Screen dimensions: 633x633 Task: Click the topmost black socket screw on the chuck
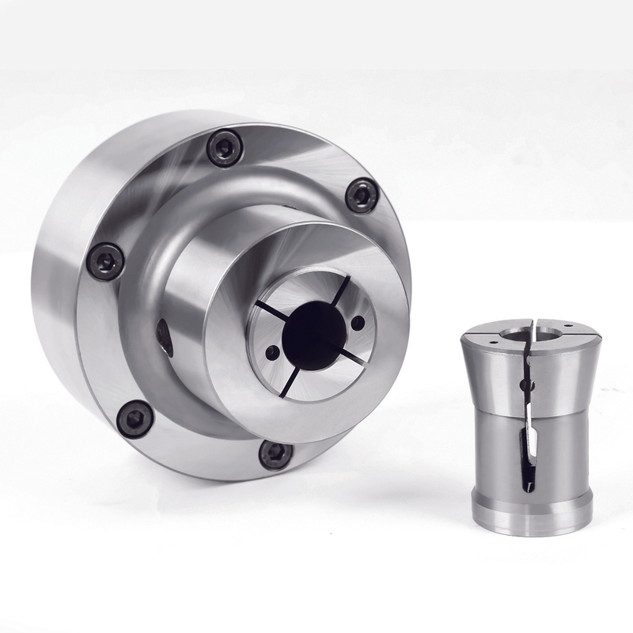click(224, 148)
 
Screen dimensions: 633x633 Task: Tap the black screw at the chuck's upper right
click(362, 195)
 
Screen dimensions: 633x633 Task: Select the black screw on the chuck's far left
click(105, 260)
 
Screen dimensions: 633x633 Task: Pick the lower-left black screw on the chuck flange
click(135, 417)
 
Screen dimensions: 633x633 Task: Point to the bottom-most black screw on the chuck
click(275, 453)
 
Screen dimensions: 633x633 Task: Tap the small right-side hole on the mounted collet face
click(358, 323)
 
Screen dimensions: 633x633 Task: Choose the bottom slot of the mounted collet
click(289, 380)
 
